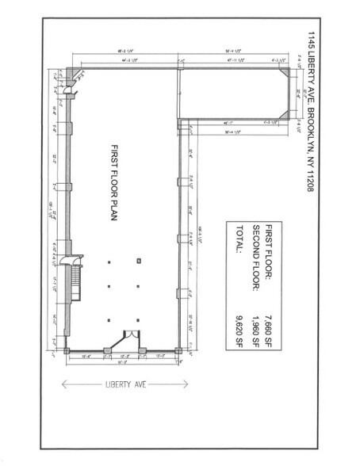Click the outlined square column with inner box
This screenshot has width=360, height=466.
139,261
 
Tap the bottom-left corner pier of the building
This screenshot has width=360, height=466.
69,349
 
